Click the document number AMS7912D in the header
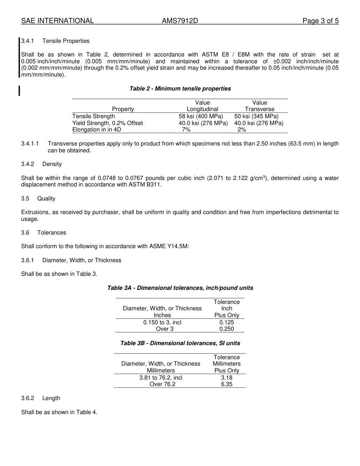[x=180, y=21]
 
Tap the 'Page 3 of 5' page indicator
[x=320, y=21]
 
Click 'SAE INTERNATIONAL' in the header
[x=58, y=21]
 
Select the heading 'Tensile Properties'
[x=66, y=41]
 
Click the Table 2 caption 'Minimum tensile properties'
[x=180, y=89]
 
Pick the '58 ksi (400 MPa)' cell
[x=201, y=116]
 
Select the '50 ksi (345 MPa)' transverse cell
[x=256, y=116]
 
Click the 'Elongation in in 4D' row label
[x=97, y=130]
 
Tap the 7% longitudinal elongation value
[x=186, y=130]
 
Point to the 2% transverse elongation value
[x=242, y=130]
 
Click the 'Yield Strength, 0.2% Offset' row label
[x=108, y=123]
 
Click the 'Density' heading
[x=52, y=164]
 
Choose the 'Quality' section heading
[x=46, y=199]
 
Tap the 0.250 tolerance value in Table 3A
[x=227, y=329]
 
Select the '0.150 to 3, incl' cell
[x=162, y=322]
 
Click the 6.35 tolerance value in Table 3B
[x=227, y=384]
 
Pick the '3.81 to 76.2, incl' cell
[x=161, y=378]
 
